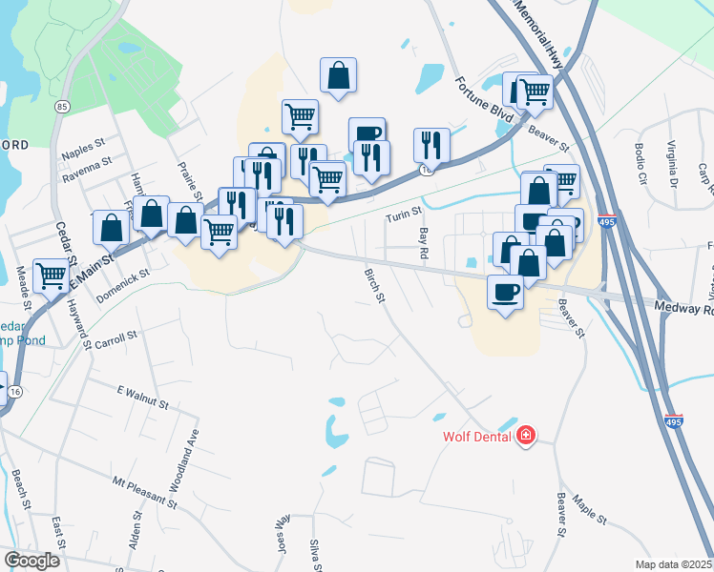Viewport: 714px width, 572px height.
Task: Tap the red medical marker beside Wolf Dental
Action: [524, 437]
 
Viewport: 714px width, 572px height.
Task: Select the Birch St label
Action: [373, 286]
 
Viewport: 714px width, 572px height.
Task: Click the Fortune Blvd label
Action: [484, 98]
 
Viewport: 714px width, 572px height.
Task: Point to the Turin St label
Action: [397, 217]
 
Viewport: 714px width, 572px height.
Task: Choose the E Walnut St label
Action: [142, 398]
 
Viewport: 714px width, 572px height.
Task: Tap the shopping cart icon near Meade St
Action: [52, 276]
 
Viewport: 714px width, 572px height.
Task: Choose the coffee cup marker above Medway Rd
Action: [505, 291]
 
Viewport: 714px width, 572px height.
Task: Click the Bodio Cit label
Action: [640, 164]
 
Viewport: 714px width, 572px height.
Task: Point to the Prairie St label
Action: [186, 177]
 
